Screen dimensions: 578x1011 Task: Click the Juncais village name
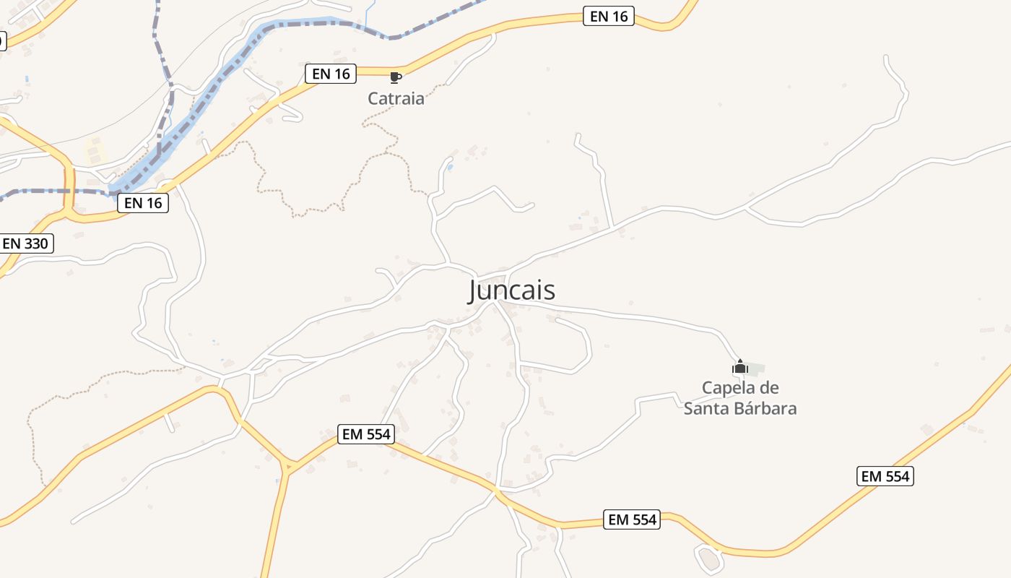512,290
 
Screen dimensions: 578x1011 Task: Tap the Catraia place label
396,99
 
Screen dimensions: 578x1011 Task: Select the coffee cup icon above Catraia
395,77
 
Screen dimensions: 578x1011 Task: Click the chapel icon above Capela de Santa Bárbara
739,367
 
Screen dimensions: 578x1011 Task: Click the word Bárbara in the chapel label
765,408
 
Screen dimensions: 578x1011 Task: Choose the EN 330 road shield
25,243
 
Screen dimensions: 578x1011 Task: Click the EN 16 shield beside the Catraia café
331,73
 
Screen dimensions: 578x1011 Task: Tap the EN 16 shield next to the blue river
143,203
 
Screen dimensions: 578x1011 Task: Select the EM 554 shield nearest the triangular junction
366,434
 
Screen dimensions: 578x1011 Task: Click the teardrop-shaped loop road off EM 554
709,558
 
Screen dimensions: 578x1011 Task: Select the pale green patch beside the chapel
755,368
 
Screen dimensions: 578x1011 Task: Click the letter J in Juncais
474,290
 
